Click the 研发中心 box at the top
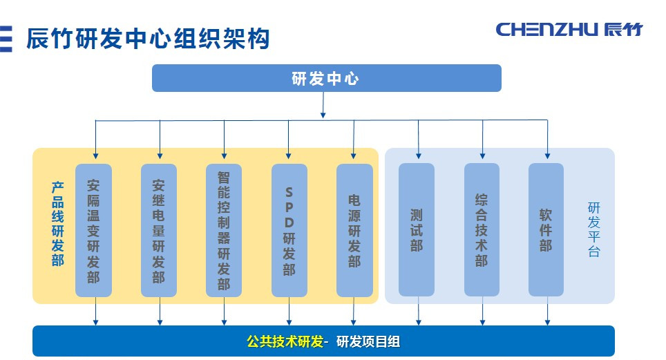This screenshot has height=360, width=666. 326,78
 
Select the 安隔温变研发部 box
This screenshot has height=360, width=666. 94,230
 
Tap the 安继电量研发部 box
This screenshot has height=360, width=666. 159,230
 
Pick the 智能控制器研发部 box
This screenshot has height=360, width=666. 224,230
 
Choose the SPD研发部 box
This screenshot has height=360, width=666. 289,230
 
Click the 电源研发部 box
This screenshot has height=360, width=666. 354,230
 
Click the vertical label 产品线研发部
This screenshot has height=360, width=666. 57,224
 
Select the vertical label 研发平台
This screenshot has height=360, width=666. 593,229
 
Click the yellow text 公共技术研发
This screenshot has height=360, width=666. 285,341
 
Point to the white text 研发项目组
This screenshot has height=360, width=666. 368,341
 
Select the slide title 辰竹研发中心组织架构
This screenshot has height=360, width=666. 147,39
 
